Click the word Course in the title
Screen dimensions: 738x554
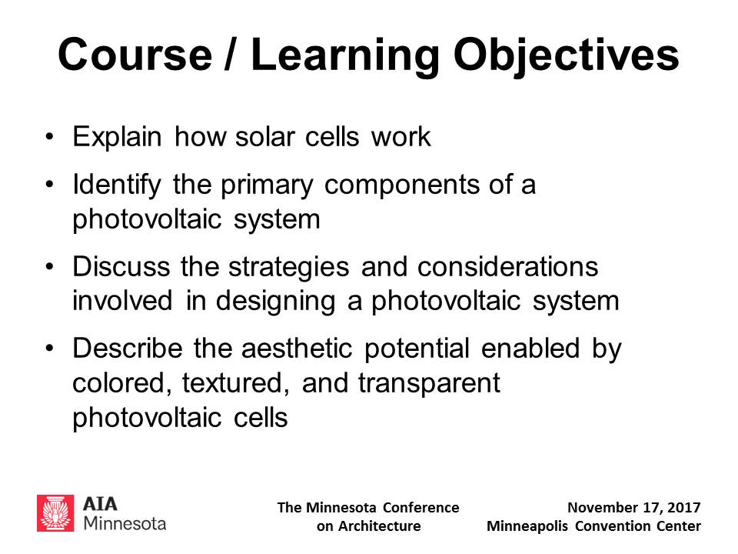click(x=135, y=55)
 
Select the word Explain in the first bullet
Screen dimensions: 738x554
click(x=117, y=138)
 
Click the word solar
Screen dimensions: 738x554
click(x=265, y=137)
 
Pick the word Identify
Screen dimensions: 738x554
click(x=117, y=185)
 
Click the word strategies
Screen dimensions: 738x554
click(x=289, y=268)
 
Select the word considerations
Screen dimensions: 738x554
click(x=508, y=267)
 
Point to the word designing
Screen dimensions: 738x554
click(x=276, y=302)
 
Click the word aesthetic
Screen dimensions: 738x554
click(x=297, y=349)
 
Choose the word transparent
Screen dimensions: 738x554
click(x=429, y=384)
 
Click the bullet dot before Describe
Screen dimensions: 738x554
click(x=50, y=349)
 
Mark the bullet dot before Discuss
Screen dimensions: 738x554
click(x=50, y=267)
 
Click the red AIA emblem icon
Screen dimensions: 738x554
click(x=55, y=513)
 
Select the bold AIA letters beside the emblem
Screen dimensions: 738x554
click(x=100, y=504)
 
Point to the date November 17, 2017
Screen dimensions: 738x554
click(x=634, y=508)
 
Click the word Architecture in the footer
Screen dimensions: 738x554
click(x=379, y=526)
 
